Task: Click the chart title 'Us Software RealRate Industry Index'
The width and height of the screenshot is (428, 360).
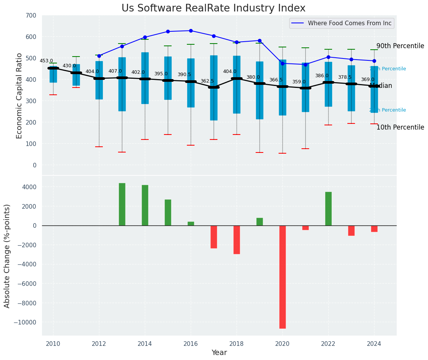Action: [x=213, y=8]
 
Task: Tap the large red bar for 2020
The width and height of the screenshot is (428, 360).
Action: [x=282, y=277]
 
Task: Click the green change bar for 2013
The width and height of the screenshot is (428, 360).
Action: [x=122, y=204]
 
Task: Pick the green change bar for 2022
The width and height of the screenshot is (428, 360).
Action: [x=328, y=209]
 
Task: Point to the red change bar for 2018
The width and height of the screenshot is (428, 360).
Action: [x=237, y=240]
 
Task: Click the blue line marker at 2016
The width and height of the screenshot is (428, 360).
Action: [x=191, y=31]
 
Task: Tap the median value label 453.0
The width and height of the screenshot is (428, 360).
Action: [x=46, y=61]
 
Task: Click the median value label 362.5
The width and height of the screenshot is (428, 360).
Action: [x=207, y=81]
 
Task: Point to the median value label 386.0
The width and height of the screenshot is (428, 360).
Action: [x=322, y=76]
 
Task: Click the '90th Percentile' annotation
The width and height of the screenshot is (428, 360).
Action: [x=400, y=46]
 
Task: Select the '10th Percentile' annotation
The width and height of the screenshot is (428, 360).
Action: [x=400, y=127]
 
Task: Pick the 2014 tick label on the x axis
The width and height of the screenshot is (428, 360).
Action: [x=145, y=344]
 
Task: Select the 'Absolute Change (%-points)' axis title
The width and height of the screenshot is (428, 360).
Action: [x=7, y=256]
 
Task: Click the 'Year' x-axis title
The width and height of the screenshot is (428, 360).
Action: [x=219, y=353]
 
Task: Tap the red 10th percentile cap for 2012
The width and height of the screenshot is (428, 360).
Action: [x=99, y=147]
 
